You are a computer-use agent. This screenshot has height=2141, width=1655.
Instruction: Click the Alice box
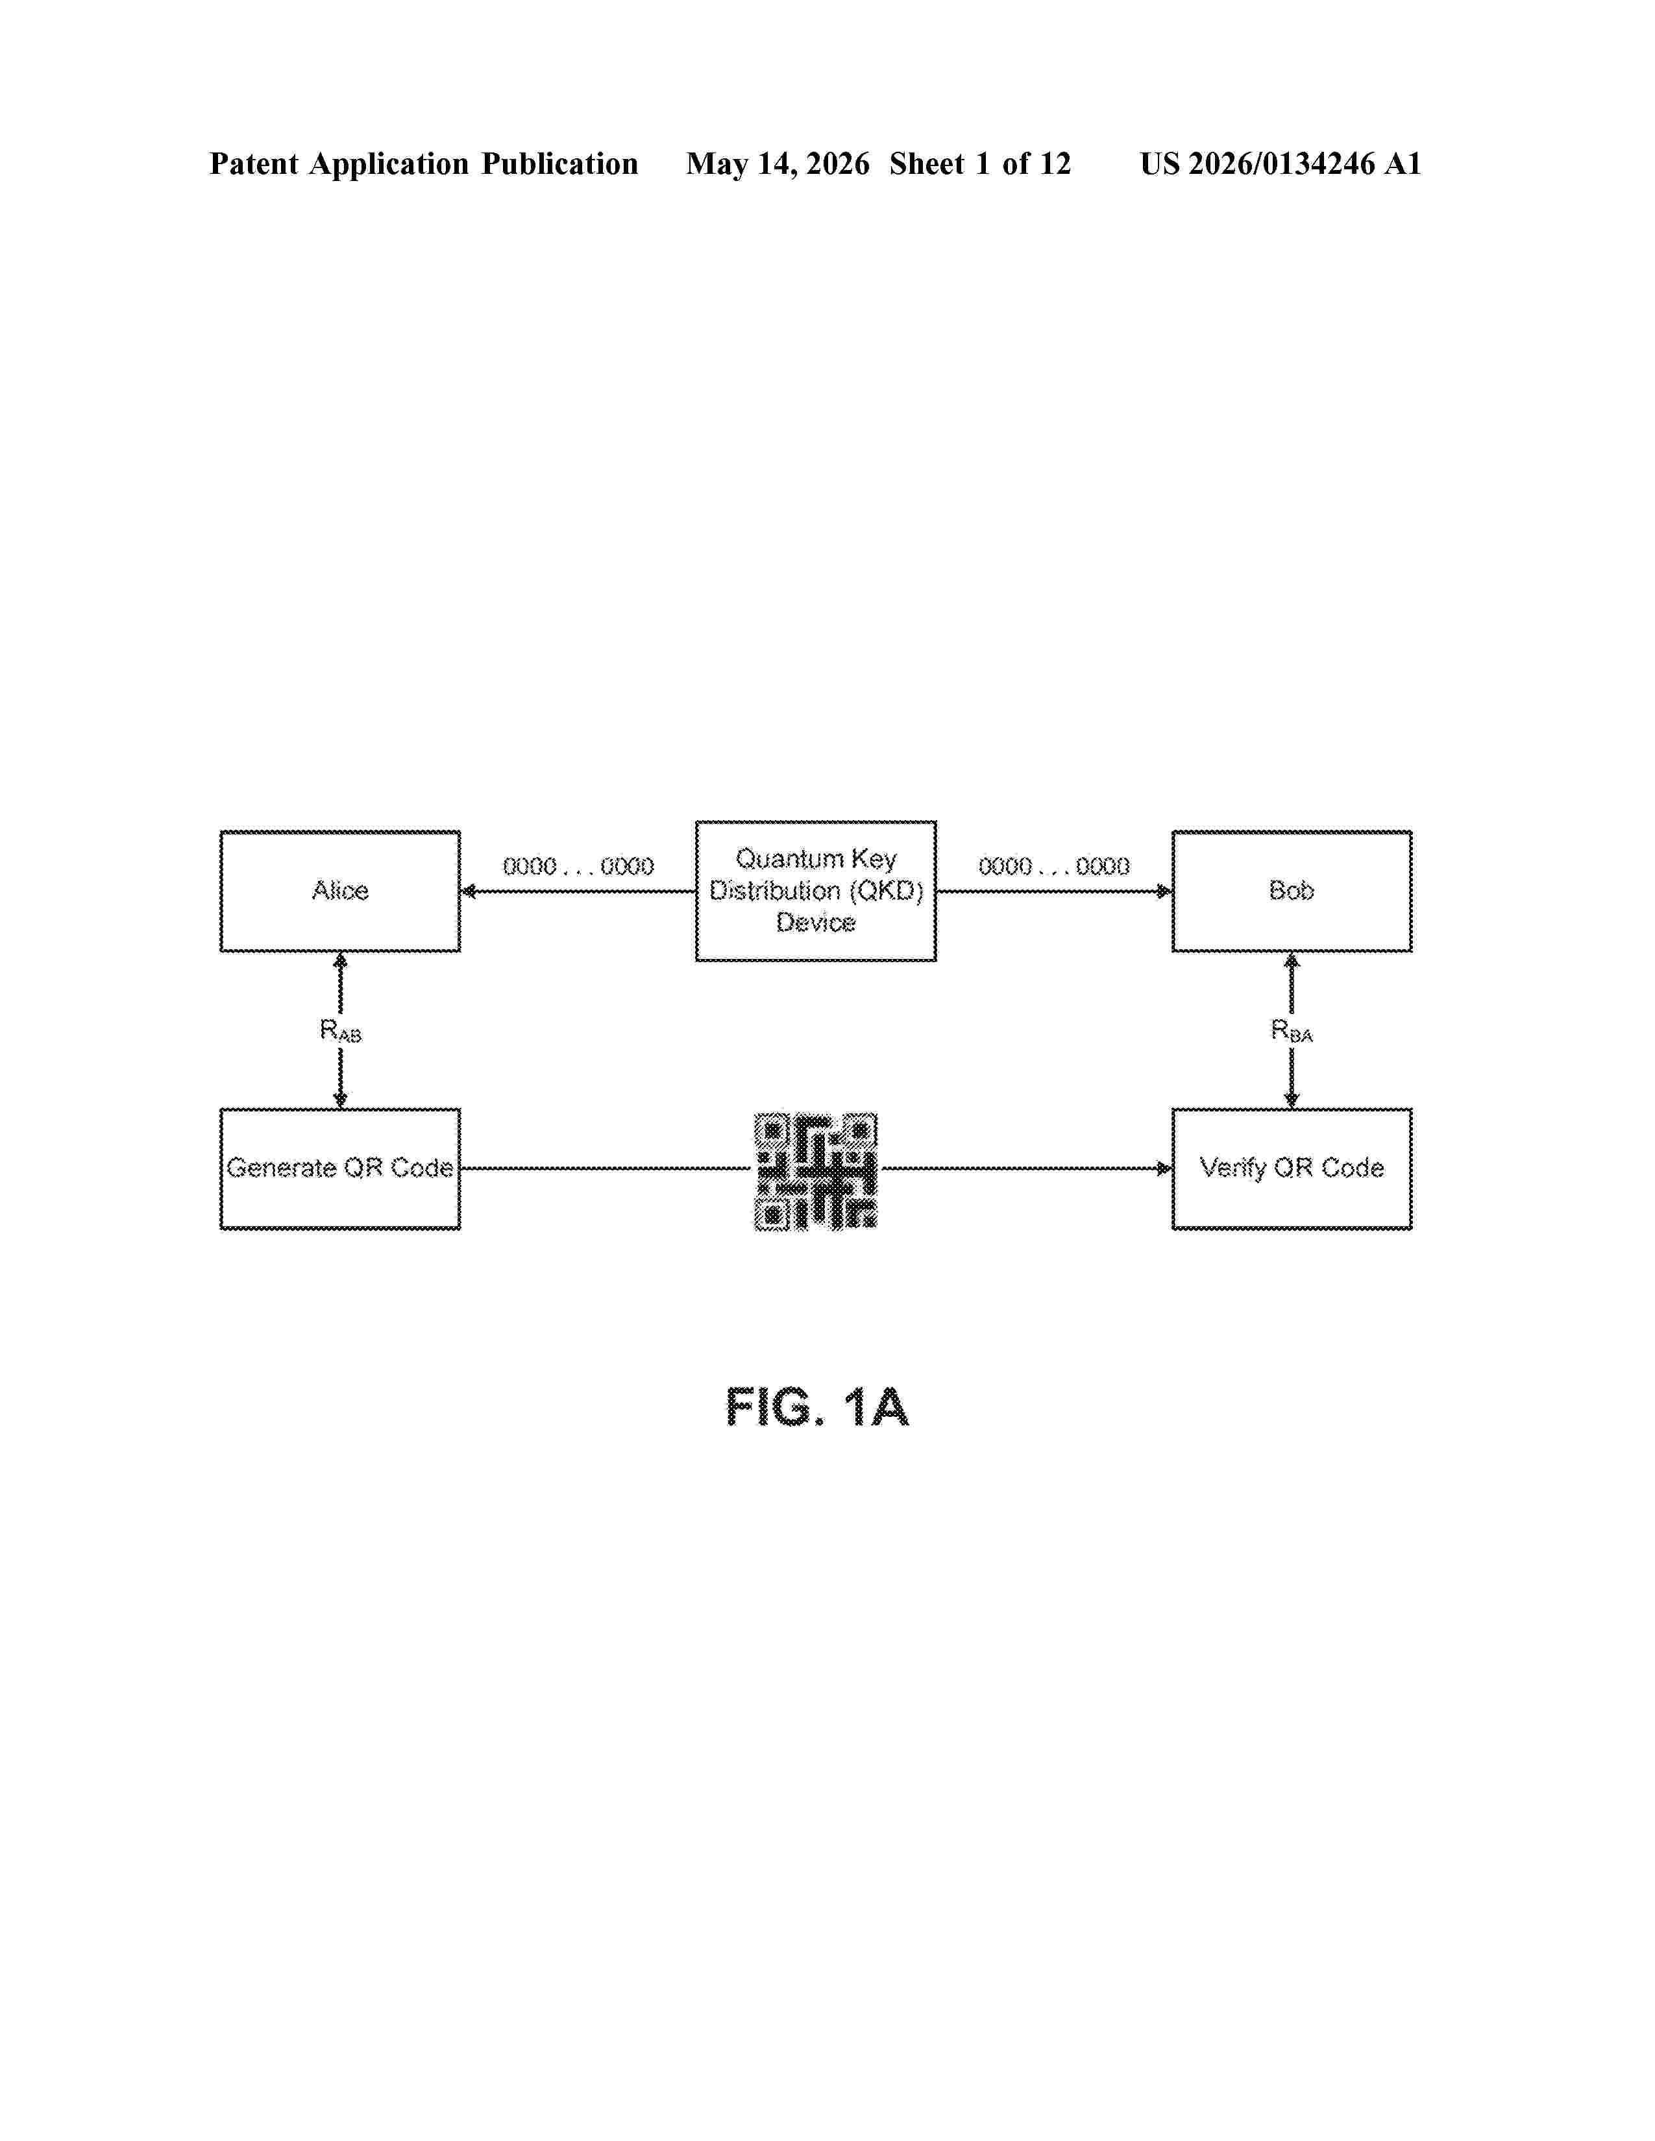(x=340, y=891)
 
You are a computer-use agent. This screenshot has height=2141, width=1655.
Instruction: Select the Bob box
(x=1292, y=891)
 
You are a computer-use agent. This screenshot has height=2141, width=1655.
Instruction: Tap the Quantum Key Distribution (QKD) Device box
(x=816, y=891)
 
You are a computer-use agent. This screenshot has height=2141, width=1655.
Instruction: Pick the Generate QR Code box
(x=340, y=1168)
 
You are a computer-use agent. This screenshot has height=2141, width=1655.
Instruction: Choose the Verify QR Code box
(x=1292, y=1168)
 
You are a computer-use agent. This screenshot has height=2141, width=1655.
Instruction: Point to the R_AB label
(x=340, y=1030)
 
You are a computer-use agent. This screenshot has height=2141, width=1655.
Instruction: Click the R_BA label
(x=1292, y=1030)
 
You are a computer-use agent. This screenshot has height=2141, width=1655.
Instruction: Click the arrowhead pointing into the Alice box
(x=469, y=891)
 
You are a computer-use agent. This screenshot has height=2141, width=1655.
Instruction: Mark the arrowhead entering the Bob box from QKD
(x=1164, y=891)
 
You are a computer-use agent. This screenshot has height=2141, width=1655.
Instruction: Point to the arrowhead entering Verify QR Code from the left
(x=1164, y=1168)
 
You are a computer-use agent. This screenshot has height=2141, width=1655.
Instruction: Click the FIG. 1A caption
(x=816, y=1409)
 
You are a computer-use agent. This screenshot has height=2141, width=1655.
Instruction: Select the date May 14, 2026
(x=778, y=163)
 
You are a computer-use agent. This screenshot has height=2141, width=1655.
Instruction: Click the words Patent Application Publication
(x=424, y=163)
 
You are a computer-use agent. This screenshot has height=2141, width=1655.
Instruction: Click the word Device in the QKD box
(x=816, y=923)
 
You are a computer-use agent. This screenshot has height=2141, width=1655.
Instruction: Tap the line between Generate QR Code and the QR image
(x=606, y=1168)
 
